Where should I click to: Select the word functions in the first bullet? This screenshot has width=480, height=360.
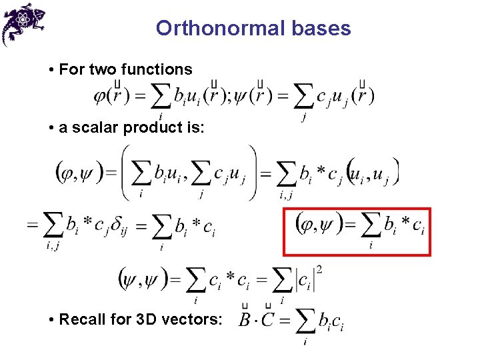pyautogui.click(x=160, y=69)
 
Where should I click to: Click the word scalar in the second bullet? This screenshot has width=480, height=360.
pyautogui.click(x=91, y=127)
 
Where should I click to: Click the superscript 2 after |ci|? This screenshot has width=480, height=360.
pyautogui.click(x=321, y=270)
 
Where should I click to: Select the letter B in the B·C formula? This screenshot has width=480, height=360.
pyautogui.click(x=246, y=321)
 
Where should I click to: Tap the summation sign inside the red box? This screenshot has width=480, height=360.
pyautogui.click(x=370, y=227)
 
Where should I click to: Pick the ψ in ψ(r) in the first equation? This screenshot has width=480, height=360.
pyautogui.click(x=239, y=96)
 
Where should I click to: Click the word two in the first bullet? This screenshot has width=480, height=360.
pyautogui.click(x=97, y=69)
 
